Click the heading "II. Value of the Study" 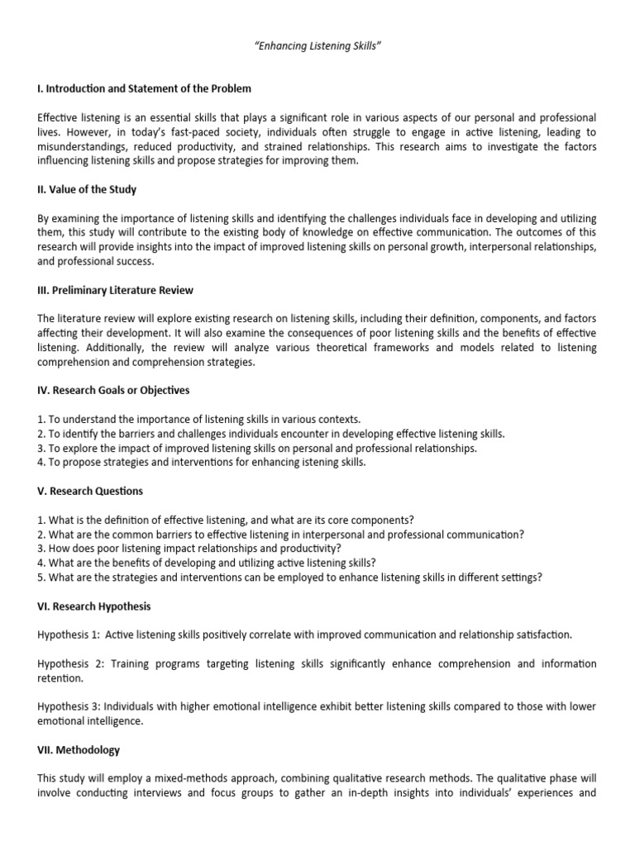click(88, 189)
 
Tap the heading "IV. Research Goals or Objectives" click(114, 390)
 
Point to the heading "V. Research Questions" click(90, 491)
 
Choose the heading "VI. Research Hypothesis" click(94, 606)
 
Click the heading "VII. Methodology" click(79, 750)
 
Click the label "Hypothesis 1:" click(71, 634)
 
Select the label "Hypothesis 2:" click(71, 663)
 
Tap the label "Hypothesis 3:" click(71, 706)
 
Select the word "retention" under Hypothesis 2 click(60, 678)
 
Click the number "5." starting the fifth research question click(42, 577)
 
